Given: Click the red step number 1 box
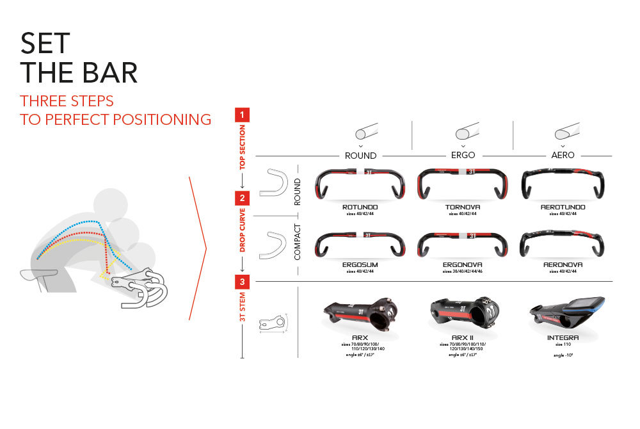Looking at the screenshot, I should (x=243, y=115).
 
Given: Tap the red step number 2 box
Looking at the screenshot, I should (x=243, y=198).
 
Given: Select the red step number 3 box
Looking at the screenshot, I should (x=243, y=281).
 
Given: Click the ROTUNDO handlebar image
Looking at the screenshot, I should (x=360, y=185).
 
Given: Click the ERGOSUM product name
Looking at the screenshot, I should (x=360, y=264).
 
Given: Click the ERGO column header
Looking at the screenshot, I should (x=463, y=155).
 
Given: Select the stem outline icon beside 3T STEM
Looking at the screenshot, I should (x=273, y=324).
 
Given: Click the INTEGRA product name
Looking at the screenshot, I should (x=563, y=337).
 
